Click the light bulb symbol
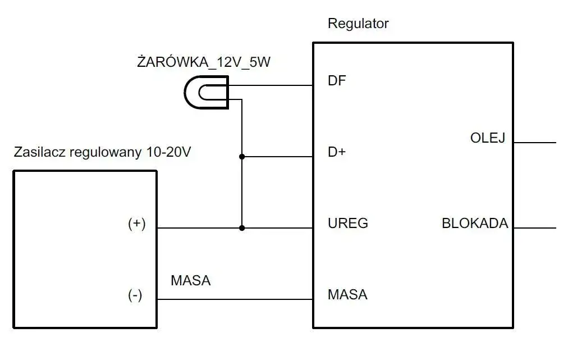206,92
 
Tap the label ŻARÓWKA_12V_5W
203,62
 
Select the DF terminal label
337,81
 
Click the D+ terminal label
337,152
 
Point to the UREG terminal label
347,224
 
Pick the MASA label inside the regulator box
347,294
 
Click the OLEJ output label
488,138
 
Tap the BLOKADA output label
475,224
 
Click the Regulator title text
358,24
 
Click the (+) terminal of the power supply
136,224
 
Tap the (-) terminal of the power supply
135,295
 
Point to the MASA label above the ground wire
191,280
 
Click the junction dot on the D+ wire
242,157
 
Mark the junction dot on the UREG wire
242,228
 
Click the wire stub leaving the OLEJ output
534,143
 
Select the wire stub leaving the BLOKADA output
534,228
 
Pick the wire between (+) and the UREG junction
199,228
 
